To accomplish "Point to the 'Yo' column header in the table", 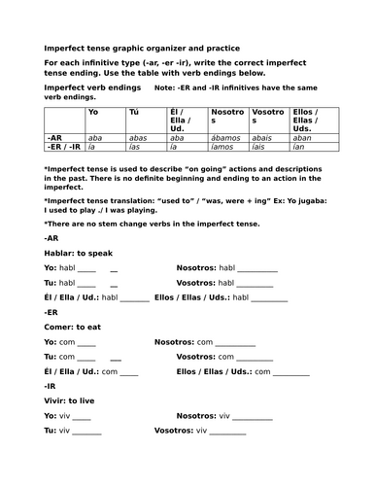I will coord(93,113).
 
